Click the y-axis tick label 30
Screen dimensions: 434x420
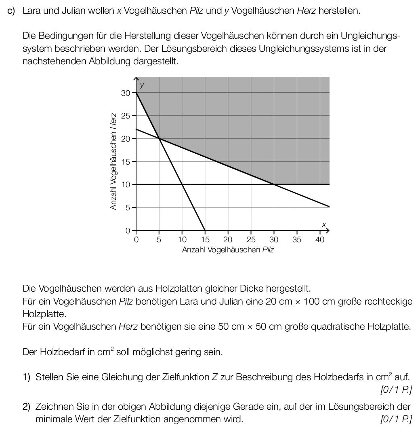tap(126, 93)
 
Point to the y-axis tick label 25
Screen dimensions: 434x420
tap(126, 116)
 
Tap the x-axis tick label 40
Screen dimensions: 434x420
tap(319, 239)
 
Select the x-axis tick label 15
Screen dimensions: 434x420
tap(205, 239)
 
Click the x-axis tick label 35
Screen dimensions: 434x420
tap(297, 239)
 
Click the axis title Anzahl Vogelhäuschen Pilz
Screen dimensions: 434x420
tap(228, 250)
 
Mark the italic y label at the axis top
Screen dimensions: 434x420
tap(142, 85)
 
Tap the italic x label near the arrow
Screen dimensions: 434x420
tap(323, 224)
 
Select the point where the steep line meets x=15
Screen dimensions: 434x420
tap(205, 231)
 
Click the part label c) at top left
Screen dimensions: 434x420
tap(11, 11)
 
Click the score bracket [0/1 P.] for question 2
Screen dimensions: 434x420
tap(396, 419)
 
